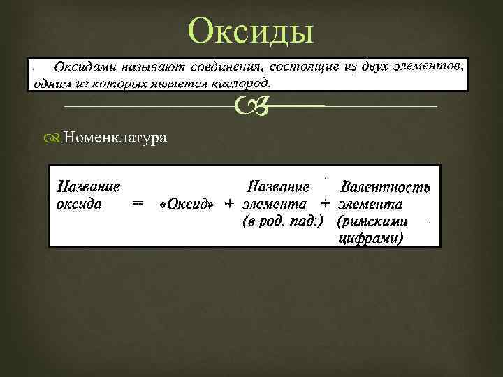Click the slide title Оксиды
coord(252,31)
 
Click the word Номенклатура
coord(115,138)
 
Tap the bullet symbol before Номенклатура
coord(56,138)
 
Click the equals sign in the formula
coord(138,205)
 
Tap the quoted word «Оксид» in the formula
coord(187,205)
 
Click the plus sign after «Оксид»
coord(229,205)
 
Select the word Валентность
coord(385,187)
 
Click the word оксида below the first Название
coord(79,205)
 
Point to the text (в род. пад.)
coord(282,222)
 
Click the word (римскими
coord(372,222)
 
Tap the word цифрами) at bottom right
coord(371,238)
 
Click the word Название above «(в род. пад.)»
coord(279,187)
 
